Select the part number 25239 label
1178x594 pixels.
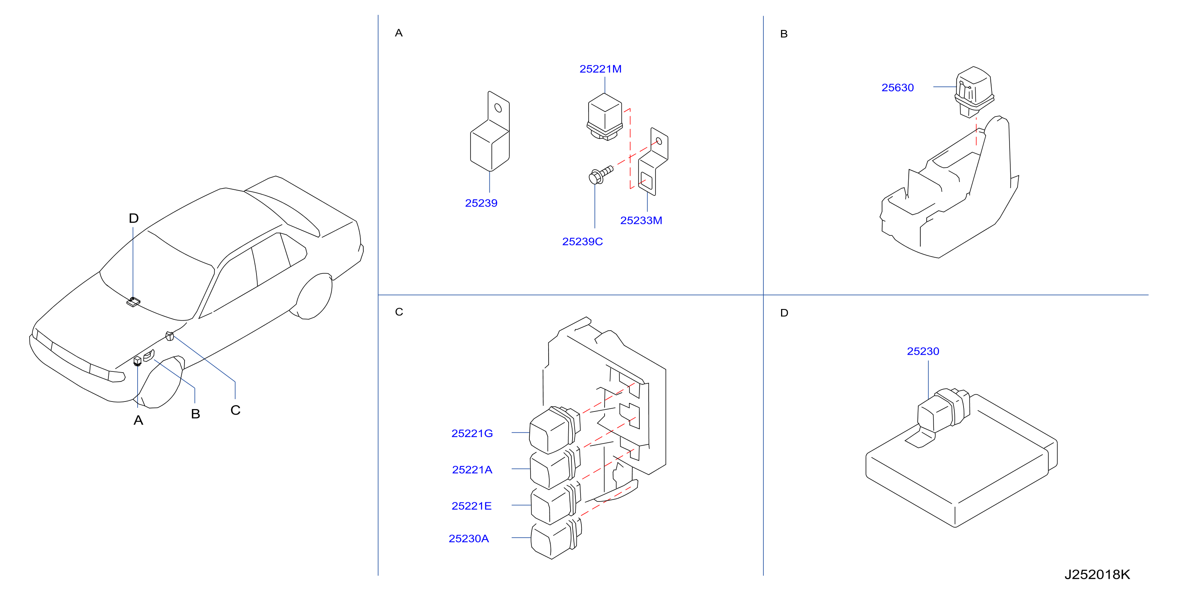[x=481, y=203]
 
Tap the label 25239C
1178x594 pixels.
[x=582, y=242]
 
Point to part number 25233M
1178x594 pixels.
[x=641, y=221]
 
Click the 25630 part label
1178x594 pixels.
[x=897, y=88]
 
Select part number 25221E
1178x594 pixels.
[x=471, y=506]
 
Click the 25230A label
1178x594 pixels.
[x=469, y=539]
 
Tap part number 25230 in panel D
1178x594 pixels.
[x=923, y=351]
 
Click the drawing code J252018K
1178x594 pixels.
[x=1097, y=575]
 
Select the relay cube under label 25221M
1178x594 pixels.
[x=605, y=117]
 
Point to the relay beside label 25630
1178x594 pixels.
[x=974, y=92]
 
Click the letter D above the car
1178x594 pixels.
[x=134, y=218]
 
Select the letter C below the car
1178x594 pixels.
[x=236, y=411]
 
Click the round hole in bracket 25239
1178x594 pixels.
[x=499, y=108]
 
